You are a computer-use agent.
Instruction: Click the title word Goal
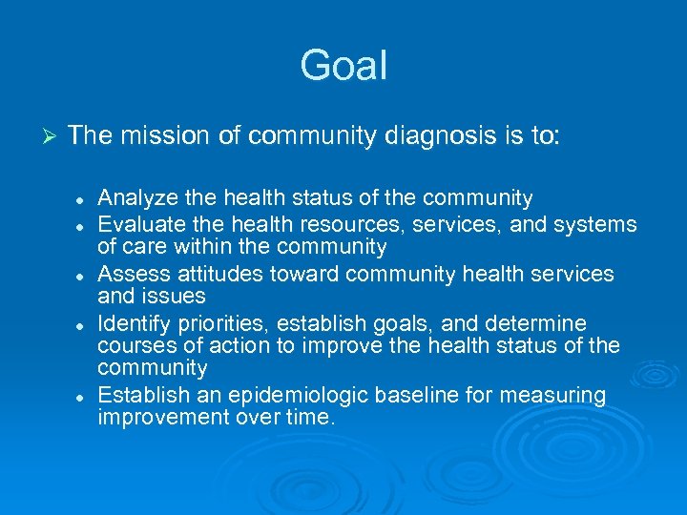343,66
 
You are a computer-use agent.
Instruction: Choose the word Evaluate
137,224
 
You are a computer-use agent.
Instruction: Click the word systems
600,224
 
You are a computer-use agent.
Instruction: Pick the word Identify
133,323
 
